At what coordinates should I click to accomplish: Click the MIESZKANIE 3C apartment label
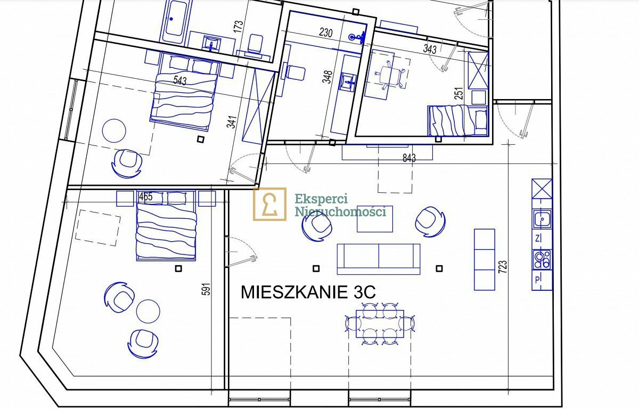tap(308, 292)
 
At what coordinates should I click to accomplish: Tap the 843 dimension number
tap(409, 158)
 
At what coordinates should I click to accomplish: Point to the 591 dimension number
tap(207, 289)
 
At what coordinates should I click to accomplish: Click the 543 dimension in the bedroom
tap(180, 80)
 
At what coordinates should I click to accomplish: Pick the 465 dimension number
tap(146, 197)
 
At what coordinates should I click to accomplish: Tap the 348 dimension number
tap(327, 77)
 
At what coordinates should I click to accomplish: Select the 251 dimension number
tap(459, 94)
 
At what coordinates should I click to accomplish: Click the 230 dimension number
tap(326, 33)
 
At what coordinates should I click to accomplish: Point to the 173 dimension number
tap(239, 27)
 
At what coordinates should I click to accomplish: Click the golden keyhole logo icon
tap(269, 204)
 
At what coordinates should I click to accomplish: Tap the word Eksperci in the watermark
tap(321, 199)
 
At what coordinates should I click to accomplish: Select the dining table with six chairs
tap(380, 324)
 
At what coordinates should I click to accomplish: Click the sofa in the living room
tap(379, 259)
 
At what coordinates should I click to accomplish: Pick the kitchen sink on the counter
tap(542, 219)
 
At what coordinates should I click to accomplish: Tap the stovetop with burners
tap(542, 260)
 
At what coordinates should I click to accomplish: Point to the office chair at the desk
tap(389, 75)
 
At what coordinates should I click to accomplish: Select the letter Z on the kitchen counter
tap(538, 239)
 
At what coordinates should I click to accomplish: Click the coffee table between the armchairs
tap(375, 219)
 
